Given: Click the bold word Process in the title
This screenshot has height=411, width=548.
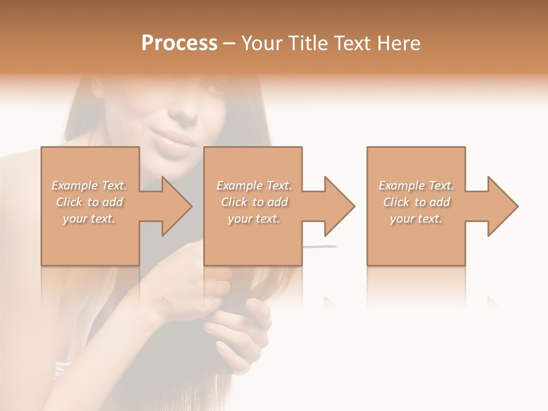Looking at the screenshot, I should coord(179,43).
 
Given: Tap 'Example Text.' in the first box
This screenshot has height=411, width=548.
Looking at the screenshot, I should coord(90,186).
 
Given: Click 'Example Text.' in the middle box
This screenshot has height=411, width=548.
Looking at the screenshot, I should coord(254,186).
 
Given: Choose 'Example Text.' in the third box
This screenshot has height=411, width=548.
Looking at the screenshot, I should coord(416,186).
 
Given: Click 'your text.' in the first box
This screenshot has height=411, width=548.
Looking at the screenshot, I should coord(89,219).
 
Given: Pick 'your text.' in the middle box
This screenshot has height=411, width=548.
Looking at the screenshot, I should coord(254,219).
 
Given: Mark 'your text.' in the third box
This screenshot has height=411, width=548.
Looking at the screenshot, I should coord(416,219).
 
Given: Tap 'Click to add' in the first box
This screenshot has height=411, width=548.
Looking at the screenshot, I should coord(90,202).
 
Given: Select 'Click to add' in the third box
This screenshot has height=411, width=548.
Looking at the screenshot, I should coord(416,202).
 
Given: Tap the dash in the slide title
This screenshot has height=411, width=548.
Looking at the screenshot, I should coord(229,44).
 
